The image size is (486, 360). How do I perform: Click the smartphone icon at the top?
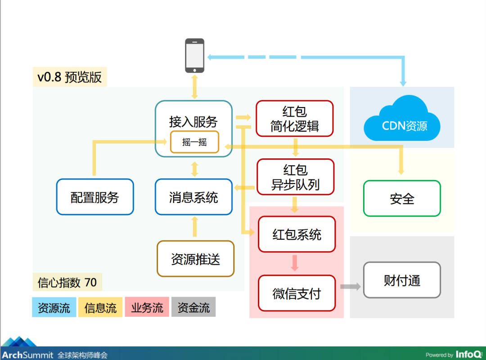click(x=195, y=55)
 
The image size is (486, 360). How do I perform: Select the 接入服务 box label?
click(x=193, y=121)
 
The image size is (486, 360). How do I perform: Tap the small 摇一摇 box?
click(x=195, y=142)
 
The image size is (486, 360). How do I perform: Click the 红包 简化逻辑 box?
click(x=294, y=118)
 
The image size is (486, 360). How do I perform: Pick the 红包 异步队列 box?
click(x=295, y=177)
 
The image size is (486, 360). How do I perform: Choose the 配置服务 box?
click(x=95, y=197)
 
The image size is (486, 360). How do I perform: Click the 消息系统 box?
click(x=193, y=197)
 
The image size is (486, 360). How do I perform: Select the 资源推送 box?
click(x=196, y=259)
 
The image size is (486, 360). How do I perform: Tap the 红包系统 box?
click(x=297, y=234)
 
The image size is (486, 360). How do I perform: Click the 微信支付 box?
click(x=297, y=293)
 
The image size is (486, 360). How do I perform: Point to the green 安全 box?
click(x=402, y=198)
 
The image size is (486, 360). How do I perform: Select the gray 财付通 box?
click(x=402, y=280)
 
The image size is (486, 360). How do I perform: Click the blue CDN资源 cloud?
click(x=402, y=119)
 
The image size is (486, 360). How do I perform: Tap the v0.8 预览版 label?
click(x=70, y=77)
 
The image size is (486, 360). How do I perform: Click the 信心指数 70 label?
click(x=67, y=282)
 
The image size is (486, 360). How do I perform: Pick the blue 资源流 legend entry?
click(x=54, y=307)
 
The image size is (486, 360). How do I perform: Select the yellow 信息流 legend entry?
click(x=100, y=307)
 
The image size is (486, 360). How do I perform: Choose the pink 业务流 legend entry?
click(x=147, y=307)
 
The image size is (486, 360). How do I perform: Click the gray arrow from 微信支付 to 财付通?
click(x=351, y=287)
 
